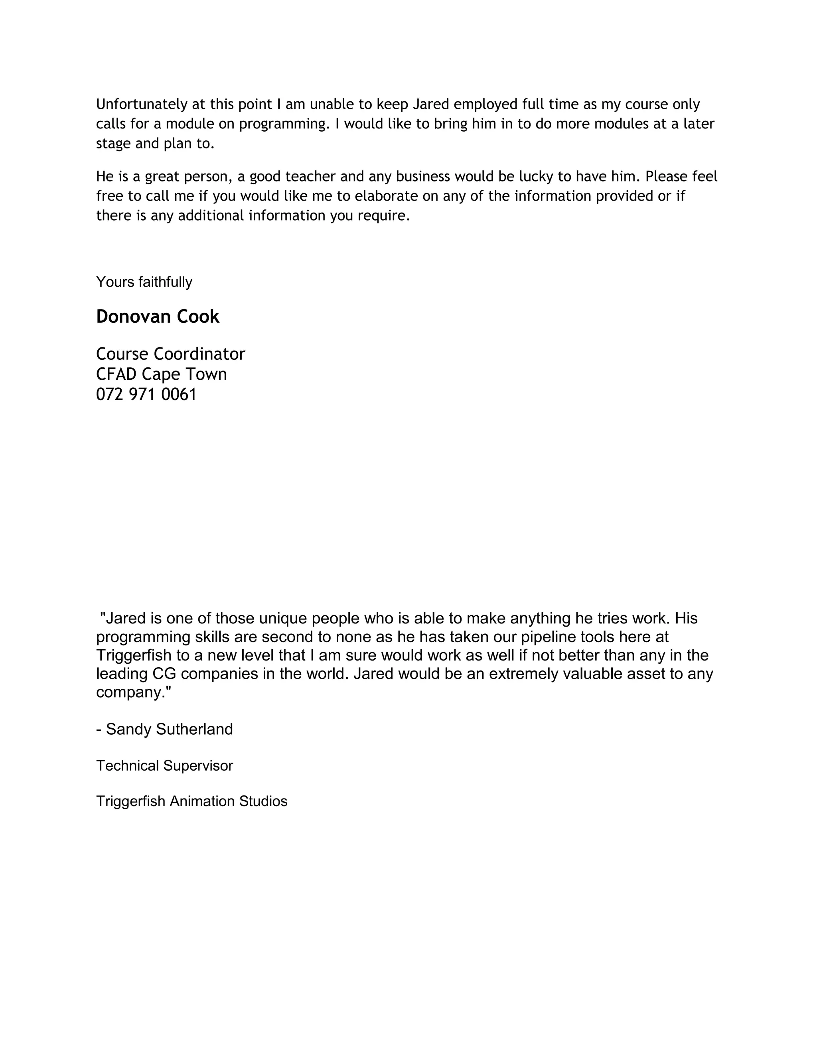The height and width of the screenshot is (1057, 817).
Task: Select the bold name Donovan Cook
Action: (x=158, y=317)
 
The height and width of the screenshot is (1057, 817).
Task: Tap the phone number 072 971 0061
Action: (x=146, y=394)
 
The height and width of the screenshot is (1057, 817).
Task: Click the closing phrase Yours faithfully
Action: (x=144, y=282)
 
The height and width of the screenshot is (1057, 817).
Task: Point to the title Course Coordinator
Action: (x=170, y=354)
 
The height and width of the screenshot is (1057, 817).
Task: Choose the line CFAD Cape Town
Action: (x=161, y=374)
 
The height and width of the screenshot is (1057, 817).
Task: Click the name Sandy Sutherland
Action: (x=170, y=729)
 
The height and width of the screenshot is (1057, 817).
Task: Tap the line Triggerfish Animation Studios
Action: (x=191, y=801)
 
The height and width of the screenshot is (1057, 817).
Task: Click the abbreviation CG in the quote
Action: (x=164, y=674)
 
